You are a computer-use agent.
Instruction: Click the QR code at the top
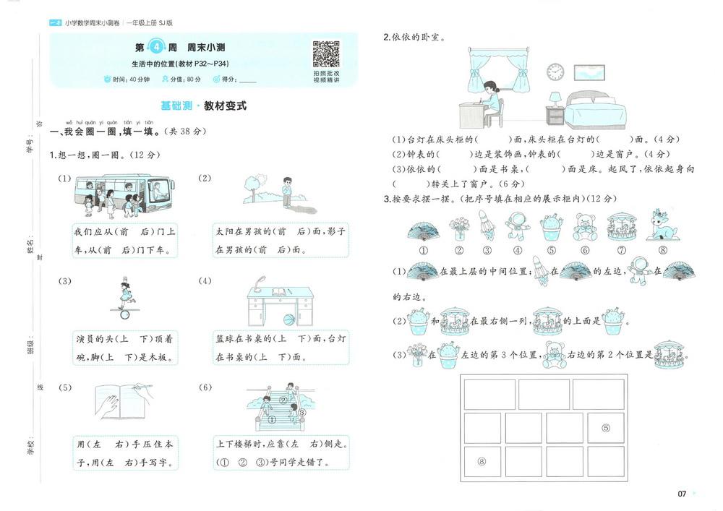[x=326, y=54]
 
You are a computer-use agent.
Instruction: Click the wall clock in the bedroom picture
[x=555, y=72]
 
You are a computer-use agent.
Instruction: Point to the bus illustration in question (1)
[x=123, y=193]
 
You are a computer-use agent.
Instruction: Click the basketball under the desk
[x=288, y=319]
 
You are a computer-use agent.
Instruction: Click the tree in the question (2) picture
[x=251, y=188]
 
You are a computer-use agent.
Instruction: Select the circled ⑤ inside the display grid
[x=605, y=428]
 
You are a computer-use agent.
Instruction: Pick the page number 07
[x=681, y=494]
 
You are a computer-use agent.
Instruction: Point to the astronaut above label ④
[x=517, y=226]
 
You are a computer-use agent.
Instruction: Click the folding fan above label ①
[x=424, y=229]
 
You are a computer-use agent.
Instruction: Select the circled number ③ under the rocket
[x=487, y=251]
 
